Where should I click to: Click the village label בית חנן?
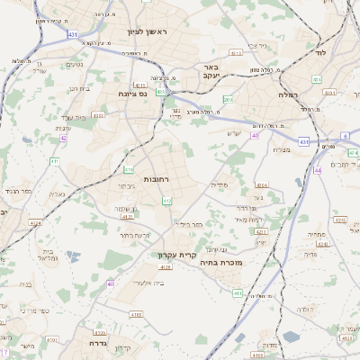(x=80, y=89)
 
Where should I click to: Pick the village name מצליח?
(x=282, y=149)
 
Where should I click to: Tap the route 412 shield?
(x=166, y=201)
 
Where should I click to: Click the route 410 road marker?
(x=129, y=168)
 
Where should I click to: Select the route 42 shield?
(x=63, y=139)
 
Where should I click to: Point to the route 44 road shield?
(x=317, y=169)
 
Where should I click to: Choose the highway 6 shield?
(x=345, y=135)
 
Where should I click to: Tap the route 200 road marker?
(x=228, y=99)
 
